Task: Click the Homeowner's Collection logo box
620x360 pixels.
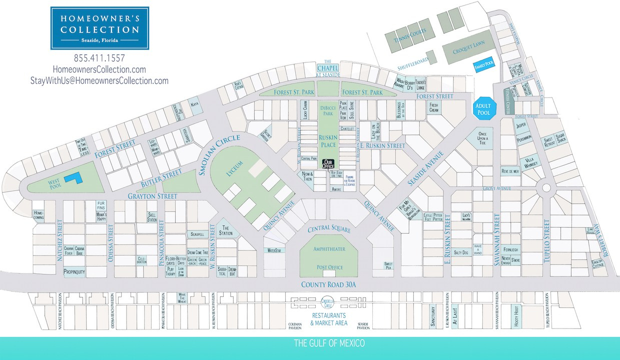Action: [x=100, y=28]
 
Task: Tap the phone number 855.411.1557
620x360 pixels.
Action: [x=100, y=58]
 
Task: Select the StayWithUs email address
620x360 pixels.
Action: [x=100, y=80]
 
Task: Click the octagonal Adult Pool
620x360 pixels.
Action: [x=484, y=108]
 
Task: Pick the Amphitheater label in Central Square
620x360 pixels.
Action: [x=329, y=248]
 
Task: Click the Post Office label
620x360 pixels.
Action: [x=329, y=267]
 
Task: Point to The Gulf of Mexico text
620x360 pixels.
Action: [x=329, y=343]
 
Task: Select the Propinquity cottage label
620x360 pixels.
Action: [x=74, y=272]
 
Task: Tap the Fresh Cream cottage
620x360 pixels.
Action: [x=433, y=107]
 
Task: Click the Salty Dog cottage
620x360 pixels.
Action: [x=461, y=253]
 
